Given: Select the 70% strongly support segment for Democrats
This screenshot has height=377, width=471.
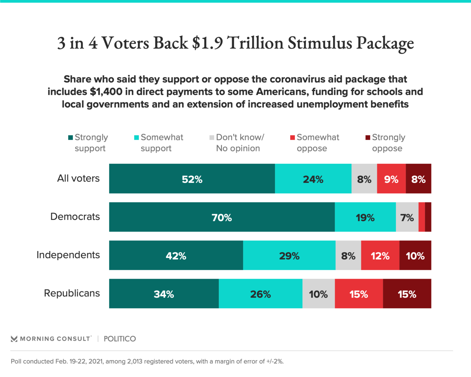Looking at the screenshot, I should click(222, 217).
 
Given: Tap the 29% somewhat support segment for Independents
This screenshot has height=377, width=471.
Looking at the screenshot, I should click(289, 255).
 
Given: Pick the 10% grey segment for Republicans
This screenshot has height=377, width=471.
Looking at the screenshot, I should click(318, 294).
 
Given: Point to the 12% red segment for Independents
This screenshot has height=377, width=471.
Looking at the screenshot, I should click(380, 255).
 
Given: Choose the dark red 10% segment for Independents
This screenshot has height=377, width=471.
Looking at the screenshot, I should click(415, 255).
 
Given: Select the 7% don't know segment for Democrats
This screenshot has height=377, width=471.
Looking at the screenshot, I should click(407, 217).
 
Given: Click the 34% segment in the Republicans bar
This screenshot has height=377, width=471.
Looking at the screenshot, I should click(164, 294).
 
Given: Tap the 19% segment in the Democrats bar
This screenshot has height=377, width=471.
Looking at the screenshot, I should click(365, 217).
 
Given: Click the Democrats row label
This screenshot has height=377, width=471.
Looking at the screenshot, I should click(75, 216).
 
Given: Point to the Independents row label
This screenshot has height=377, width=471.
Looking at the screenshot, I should click(68, 255).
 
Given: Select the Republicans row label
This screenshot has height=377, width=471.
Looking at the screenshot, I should click(72, 293).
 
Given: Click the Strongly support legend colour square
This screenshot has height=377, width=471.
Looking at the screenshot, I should click(71, 138).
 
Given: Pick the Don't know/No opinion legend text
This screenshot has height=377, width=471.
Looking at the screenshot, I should click(240, 143).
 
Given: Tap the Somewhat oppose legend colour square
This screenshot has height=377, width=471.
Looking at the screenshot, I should click(292, 138).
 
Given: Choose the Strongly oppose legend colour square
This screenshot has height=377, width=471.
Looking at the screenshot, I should click(368, 138).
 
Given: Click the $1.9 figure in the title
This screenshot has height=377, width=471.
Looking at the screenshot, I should click(207, 43).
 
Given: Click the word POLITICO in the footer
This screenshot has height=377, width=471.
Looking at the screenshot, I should click(120, 339).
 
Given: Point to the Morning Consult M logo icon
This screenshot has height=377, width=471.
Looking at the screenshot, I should click(14, 339).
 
